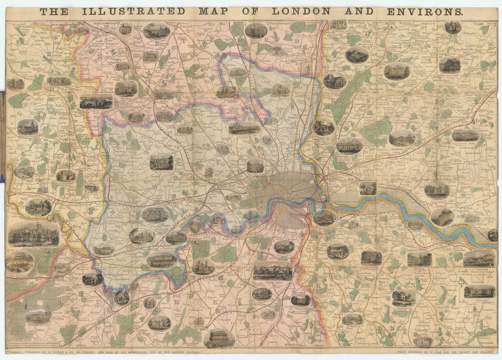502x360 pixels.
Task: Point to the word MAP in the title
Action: [x=211, y=11]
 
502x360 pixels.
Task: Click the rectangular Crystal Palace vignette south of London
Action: [x=273, y=271]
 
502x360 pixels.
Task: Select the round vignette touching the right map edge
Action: [x=493, y=235]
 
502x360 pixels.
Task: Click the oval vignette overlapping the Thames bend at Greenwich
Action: [x=324, y=217]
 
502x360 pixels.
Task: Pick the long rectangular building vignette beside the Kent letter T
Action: [x=479, y=291]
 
